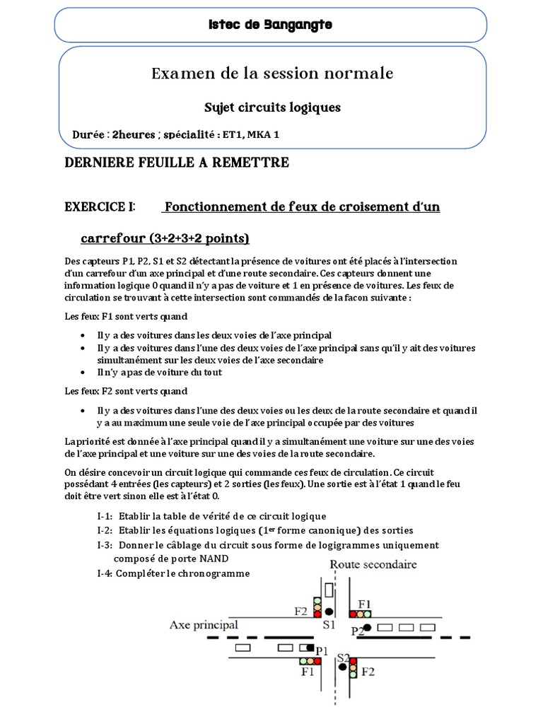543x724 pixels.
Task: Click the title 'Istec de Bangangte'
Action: click(x=270, y=25)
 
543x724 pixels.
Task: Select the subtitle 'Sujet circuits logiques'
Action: click(x=272, y=107)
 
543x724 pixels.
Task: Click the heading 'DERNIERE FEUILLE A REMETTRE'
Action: click(x=177, y=163)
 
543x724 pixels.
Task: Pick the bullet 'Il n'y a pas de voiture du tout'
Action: click(x=160, y=372)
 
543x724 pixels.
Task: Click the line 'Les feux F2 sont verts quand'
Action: click(x=126, y=390)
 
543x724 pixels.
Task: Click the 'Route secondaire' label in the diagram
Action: click(x=373, y=564)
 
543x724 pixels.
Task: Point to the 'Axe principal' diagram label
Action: click(x=204, y=625)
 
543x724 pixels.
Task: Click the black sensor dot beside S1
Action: click(x=329, y=611)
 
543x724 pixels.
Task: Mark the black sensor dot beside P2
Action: click(x=367, y=627)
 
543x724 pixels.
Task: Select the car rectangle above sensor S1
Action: click(x=328, y=590)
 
